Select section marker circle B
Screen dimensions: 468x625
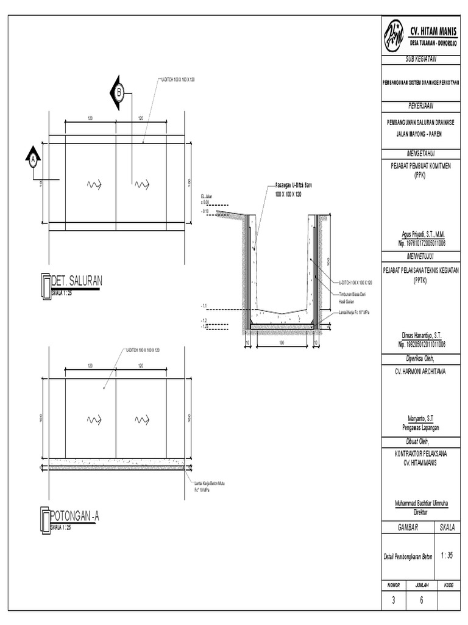pos(119,93)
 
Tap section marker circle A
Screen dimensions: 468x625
pos(33,160)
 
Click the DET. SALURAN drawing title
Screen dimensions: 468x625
pos(77,281)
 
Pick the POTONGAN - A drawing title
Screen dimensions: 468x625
pos(74,518)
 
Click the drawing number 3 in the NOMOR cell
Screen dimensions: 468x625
pos(393,600)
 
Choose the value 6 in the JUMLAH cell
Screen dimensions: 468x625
pos(421,600)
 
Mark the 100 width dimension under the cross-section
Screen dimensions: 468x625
pos(282,343)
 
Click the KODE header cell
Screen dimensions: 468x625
pos(448,585)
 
